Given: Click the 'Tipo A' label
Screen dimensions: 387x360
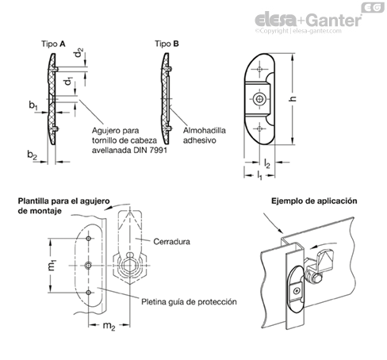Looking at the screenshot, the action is click(x=53, y=44).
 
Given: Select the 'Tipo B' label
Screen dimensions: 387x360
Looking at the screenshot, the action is click(x=167, y=44).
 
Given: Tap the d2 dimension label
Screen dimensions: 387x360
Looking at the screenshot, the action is click(x=79, y=52).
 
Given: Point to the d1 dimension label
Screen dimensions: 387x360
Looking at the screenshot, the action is click(x=69, y=81).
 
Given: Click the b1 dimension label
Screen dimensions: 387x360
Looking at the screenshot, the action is click(x=33, y=105).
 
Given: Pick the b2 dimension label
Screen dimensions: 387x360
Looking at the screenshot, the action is click(x=32, y=155).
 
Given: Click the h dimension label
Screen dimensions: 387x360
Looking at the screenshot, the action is click(x=293, y=98).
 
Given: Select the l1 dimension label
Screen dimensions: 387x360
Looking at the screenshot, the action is click(x=259, y=175).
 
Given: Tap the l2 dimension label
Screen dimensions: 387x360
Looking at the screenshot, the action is click(x=267, y=164).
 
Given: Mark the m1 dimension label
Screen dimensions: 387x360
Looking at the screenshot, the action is click(x=52, y=266).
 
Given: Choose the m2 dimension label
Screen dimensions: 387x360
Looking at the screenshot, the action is click(x=109, y=326).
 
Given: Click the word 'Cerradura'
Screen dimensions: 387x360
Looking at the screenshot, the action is click(x=171, y=242).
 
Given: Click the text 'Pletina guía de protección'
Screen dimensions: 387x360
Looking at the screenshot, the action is click(x=189, y=302).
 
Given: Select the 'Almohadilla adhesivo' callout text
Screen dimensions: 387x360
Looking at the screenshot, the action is click(x=205, y=136).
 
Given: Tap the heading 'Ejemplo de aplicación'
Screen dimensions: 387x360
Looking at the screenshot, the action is click(x=314, y=201).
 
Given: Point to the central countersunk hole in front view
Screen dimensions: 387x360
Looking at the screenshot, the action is click(x=259, y=99).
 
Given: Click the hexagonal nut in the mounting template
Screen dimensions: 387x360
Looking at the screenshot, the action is click(x=130, y=266).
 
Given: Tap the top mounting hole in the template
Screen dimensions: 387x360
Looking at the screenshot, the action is click(x=89, y=239).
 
